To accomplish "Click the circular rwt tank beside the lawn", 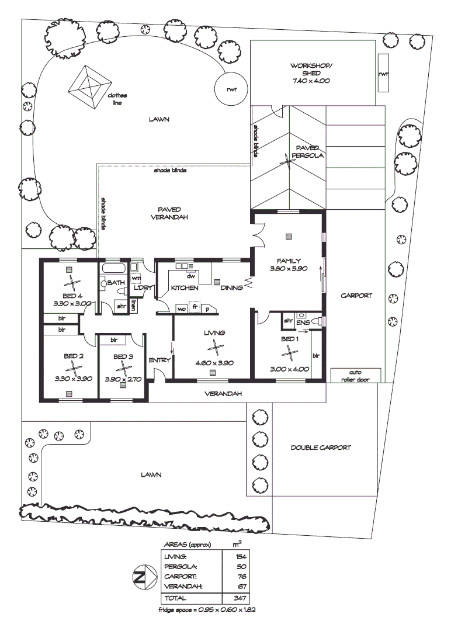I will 231,89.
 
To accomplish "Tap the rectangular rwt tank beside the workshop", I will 383,73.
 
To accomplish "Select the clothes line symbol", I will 89,86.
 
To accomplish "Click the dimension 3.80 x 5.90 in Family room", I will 289,269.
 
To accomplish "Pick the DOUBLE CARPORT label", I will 321,448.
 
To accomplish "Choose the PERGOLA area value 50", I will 242,567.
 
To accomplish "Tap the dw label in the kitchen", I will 190,276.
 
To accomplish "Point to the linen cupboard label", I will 134,304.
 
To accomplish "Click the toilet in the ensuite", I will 316,321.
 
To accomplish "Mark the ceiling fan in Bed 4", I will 71,284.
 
